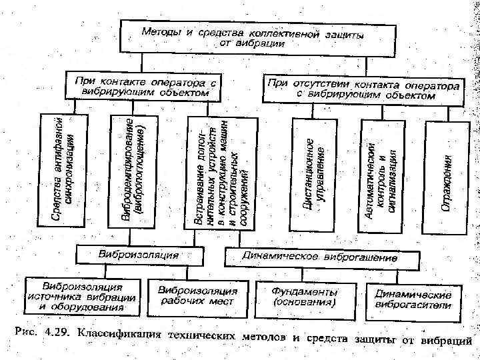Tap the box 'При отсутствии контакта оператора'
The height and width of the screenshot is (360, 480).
click(362, 91)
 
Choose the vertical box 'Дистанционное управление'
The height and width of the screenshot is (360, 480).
click(314, 173)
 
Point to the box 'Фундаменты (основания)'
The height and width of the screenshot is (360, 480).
click(304, 296)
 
